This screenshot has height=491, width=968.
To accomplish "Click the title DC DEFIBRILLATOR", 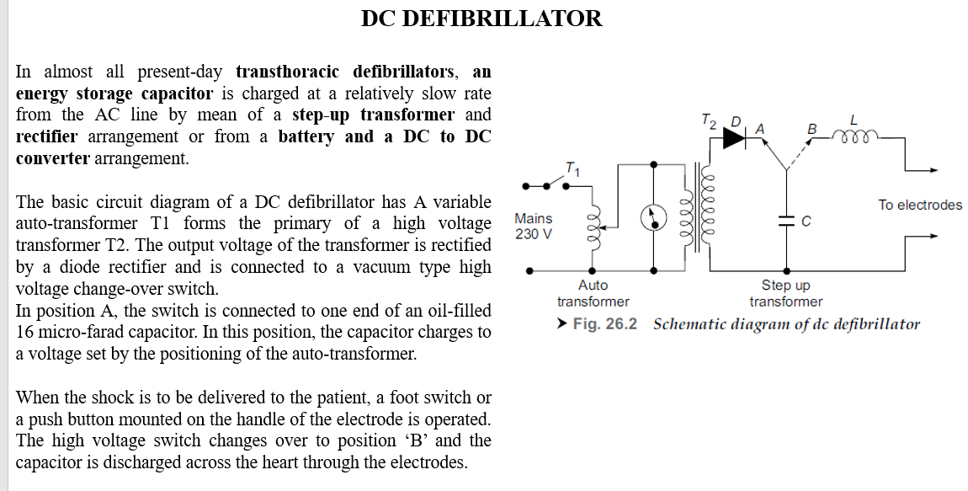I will pos(481,19).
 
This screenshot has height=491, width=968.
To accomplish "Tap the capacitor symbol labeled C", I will pos(787,221).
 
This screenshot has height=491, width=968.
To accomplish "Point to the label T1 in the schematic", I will pos(573,168).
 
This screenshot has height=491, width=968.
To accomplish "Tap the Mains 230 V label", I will pos(534,226).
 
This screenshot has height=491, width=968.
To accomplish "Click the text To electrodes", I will pos(919,205).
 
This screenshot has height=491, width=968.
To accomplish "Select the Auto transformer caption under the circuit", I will pos(593,293).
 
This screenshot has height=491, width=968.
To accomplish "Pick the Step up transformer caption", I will pos(785,293).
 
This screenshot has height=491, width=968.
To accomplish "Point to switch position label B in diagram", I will pos(811,129).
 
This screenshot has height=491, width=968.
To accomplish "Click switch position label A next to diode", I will pos(759,129).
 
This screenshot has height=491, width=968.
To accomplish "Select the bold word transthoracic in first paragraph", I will pos(287,71).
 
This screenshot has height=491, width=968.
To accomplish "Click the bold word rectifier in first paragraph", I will pos(46,136).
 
